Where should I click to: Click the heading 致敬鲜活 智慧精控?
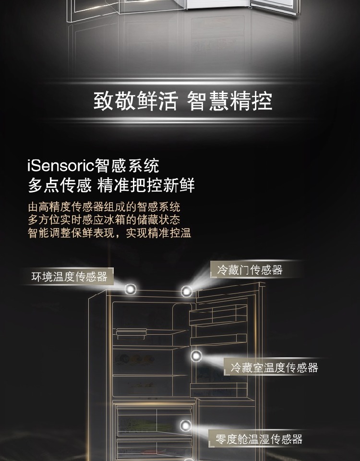182,101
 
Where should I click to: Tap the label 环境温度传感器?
69,277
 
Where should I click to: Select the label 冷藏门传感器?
250,270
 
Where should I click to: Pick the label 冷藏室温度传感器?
274,368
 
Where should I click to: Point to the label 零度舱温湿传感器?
259,439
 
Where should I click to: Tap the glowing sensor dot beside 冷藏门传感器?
187,291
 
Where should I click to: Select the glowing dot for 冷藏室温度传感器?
196,356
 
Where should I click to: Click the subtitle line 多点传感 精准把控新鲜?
111,185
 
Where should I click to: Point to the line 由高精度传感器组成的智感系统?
104,207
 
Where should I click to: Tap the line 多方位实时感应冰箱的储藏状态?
104,220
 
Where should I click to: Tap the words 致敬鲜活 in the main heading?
135,101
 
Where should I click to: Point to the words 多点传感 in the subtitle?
59,185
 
